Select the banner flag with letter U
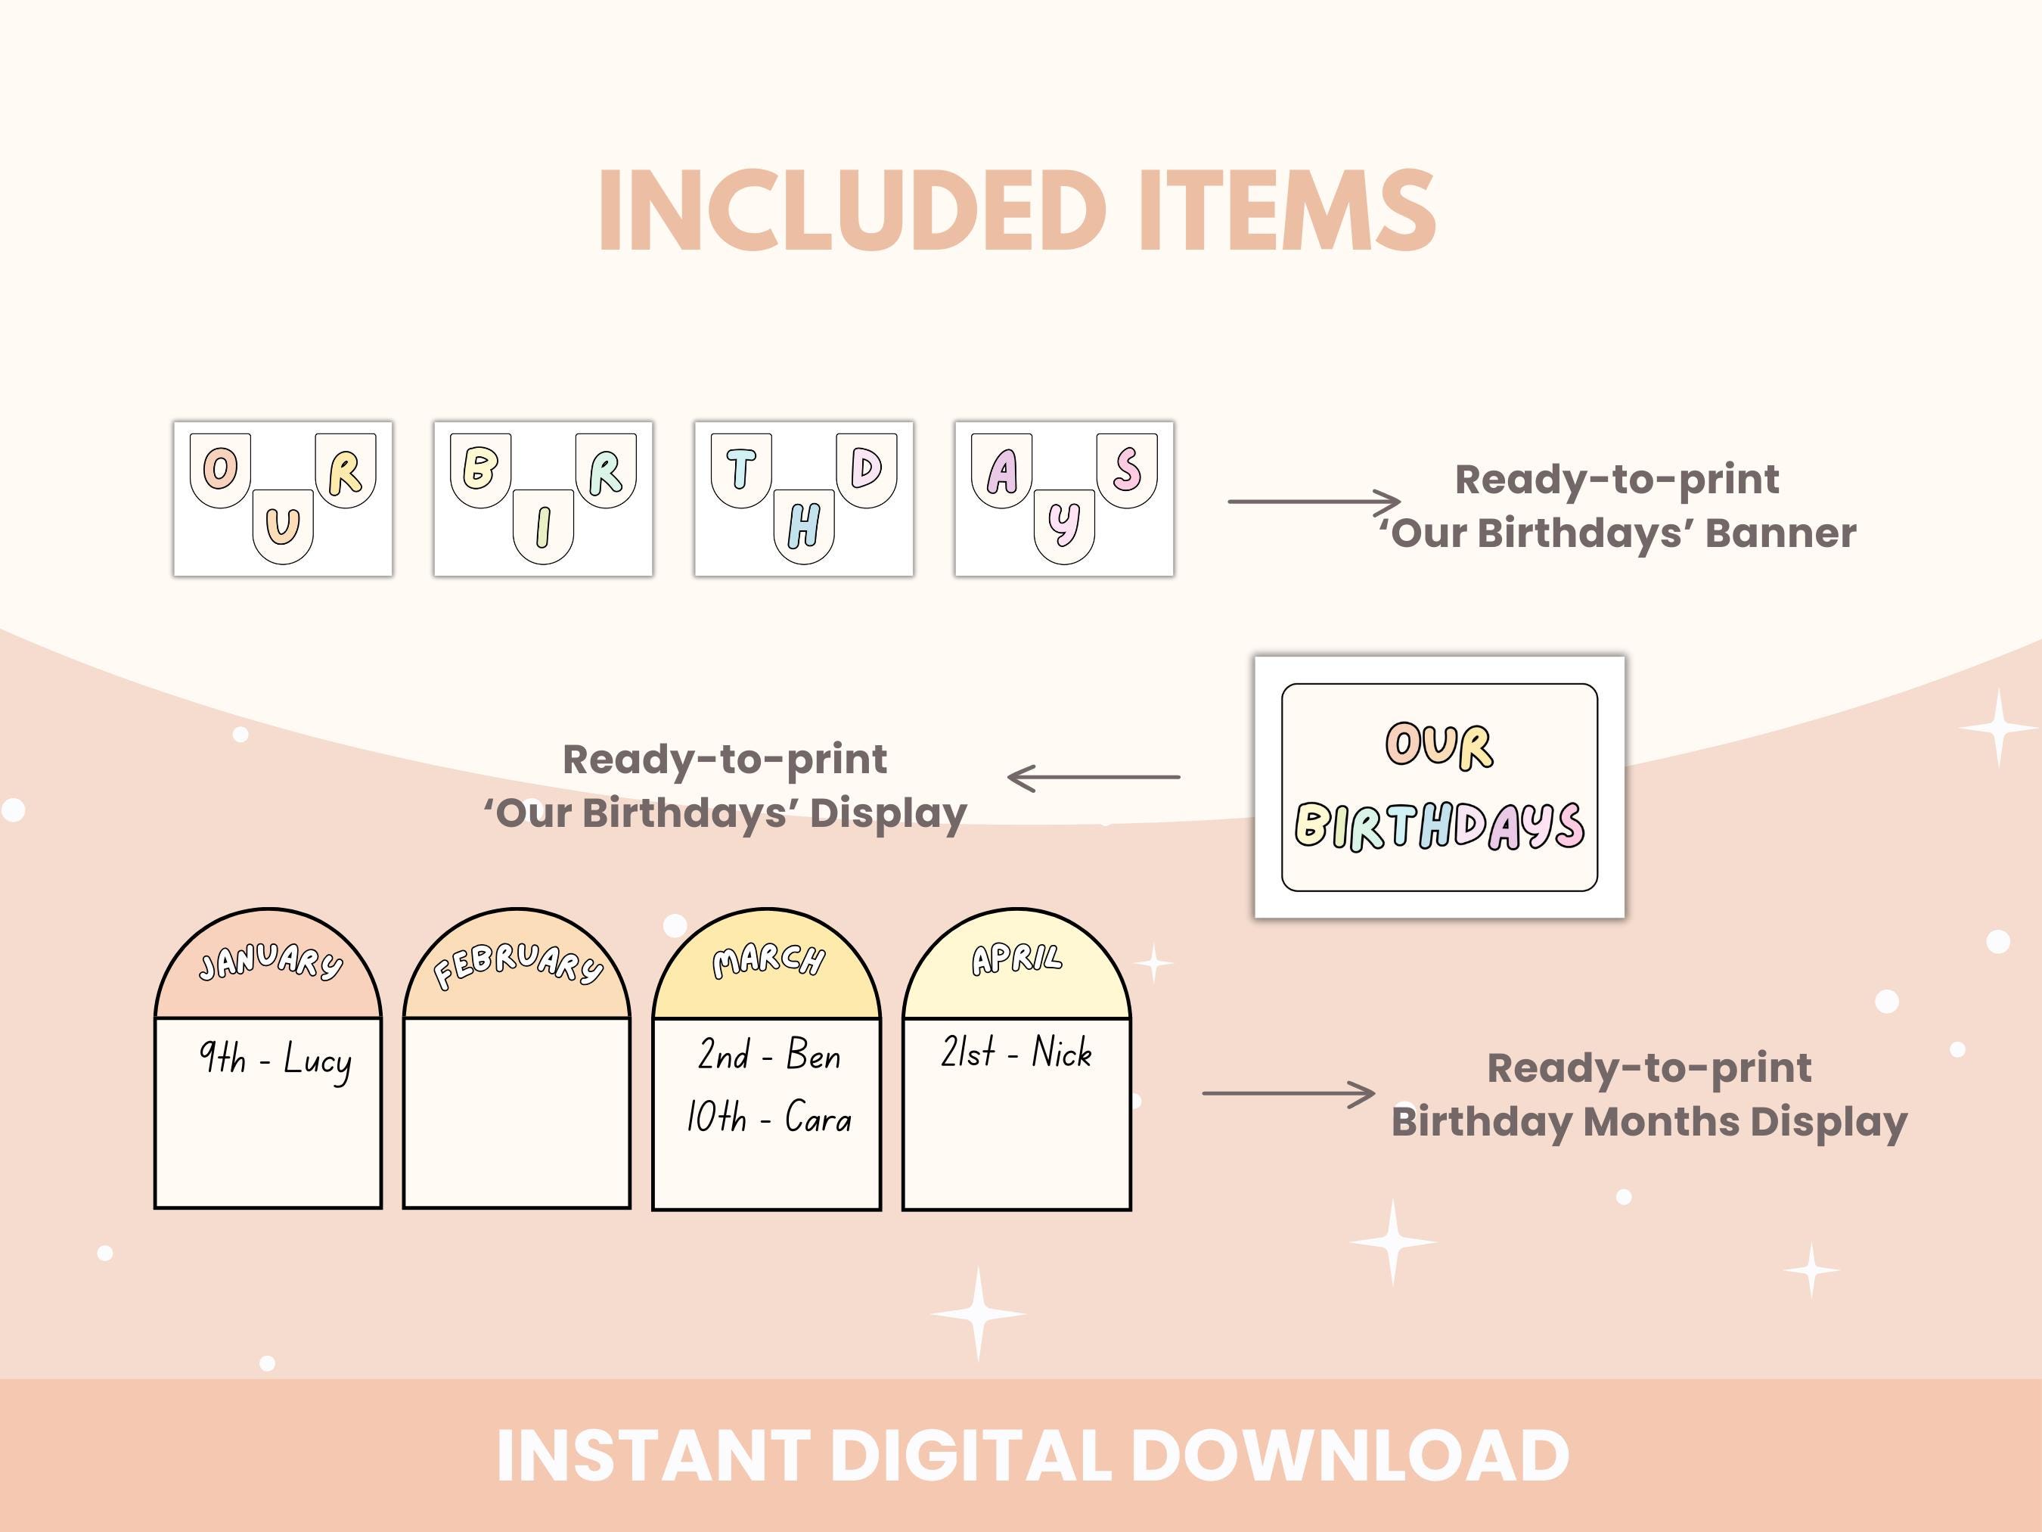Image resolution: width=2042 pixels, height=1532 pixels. coord(283,526)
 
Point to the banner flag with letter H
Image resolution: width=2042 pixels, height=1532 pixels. coord(804,527)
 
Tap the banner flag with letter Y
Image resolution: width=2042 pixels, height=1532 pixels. coord(1064,526)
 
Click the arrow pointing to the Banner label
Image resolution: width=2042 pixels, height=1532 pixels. coord(1314,502)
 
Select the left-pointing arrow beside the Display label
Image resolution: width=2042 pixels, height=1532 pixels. coord(1093,778)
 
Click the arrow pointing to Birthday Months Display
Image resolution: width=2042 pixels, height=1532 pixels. coord(1288,1093)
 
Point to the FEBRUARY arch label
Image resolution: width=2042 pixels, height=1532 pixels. coord(517,965)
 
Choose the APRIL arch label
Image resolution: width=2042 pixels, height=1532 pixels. coord(1016,959)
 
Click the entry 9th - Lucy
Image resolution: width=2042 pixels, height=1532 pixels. coord(275,1059)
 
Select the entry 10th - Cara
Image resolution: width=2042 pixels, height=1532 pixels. coord(768,1118)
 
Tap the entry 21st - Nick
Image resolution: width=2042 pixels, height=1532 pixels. coord(1016,1052)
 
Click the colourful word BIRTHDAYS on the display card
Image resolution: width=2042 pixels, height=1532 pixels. coord(1439,825)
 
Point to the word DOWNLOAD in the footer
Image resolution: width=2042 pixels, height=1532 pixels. coord(1350,1456)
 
